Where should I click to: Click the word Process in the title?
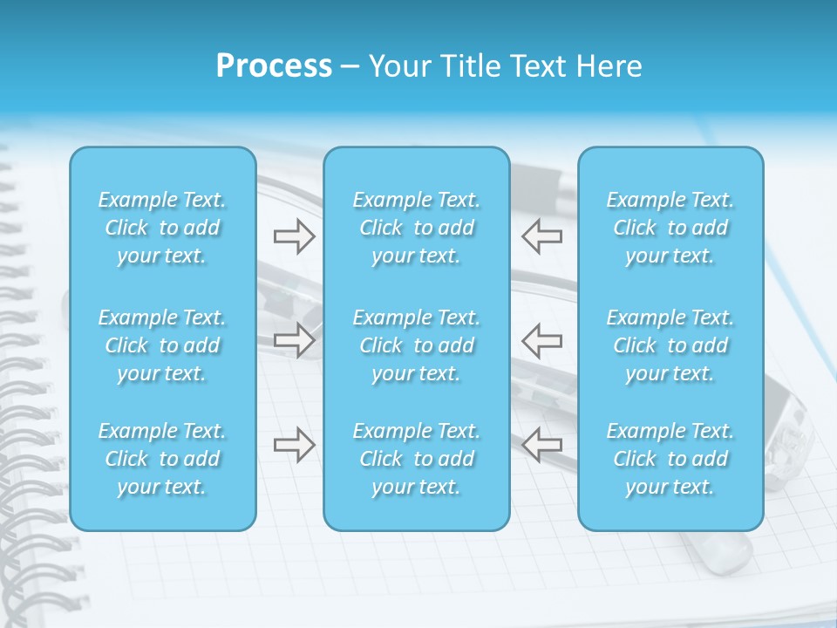click(x=274, y=66)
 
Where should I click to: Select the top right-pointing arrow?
click(x=294, y=235)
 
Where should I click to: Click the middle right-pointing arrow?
click(x=294, y=339)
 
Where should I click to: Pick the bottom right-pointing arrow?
click(x=294, y=445)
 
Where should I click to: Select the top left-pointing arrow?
click(x=541, y=235)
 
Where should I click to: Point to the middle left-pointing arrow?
click(x=541, y=339)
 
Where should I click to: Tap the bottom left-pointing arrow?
click(x=541, y=445)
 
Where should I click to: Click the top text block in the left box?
click(x=162, y=228)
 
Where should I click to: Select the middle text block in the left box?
click(x=162, y=345)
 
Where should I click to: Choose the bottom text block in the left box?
click(x=162, y=459)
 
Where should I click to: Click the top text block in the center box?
click(x=417, y=228)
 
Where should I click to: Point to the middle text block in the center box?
click(x=417, y=345)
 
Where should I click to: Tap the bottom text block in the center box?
click(x=417, y=459)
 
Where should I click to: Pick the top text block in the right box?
click(x=670, y=228)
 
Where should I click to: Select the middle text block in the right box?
click(x=670, y=345)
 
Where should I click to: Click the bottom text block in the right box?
click(x=670, y=459)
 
